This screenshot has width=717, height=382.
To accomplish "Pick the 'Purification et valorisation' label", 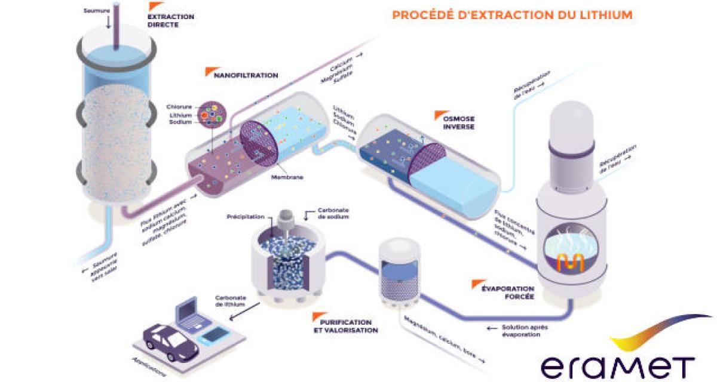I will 345,325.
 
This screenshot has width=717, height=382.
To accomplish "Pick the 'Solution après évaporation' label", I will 518,331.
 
